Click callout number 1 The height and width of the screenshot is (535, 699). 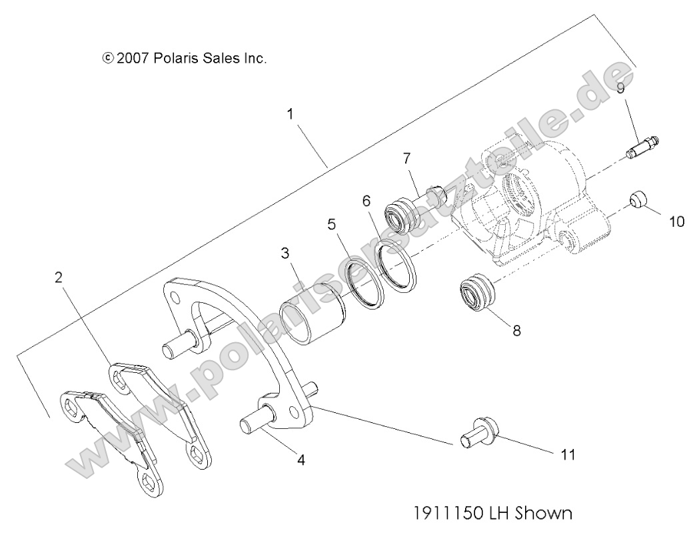(290, 114)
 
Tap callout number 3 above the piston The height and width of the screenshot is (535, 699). (285, 253)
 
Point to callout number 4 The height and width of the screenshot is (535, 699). (301, 460)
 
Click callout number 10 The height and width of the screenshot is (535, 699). (676, 221)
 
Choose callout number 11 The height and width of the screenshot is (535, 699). (567, 454)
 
